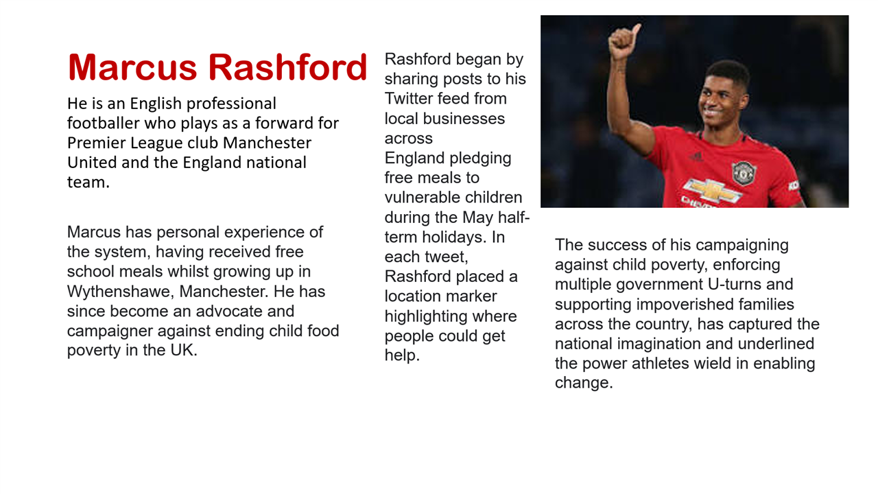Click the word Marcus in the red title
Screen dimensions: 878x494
[132, 67]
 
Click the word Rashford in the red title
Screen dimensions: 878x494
[287, 67]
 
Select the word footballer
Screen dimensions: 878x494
[103, 123]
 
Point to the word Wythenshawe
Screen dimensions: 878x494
[120, 292]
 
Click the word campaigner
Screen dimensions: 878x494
[110, 331]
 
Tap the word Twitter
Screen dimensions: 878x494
[407, 98]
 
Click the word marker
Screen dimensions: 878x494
[473, 296]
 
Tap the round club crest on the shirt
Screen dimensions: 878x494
[743, 172]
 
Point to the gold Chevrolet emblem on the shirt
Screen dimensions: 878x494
[713, 190]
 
